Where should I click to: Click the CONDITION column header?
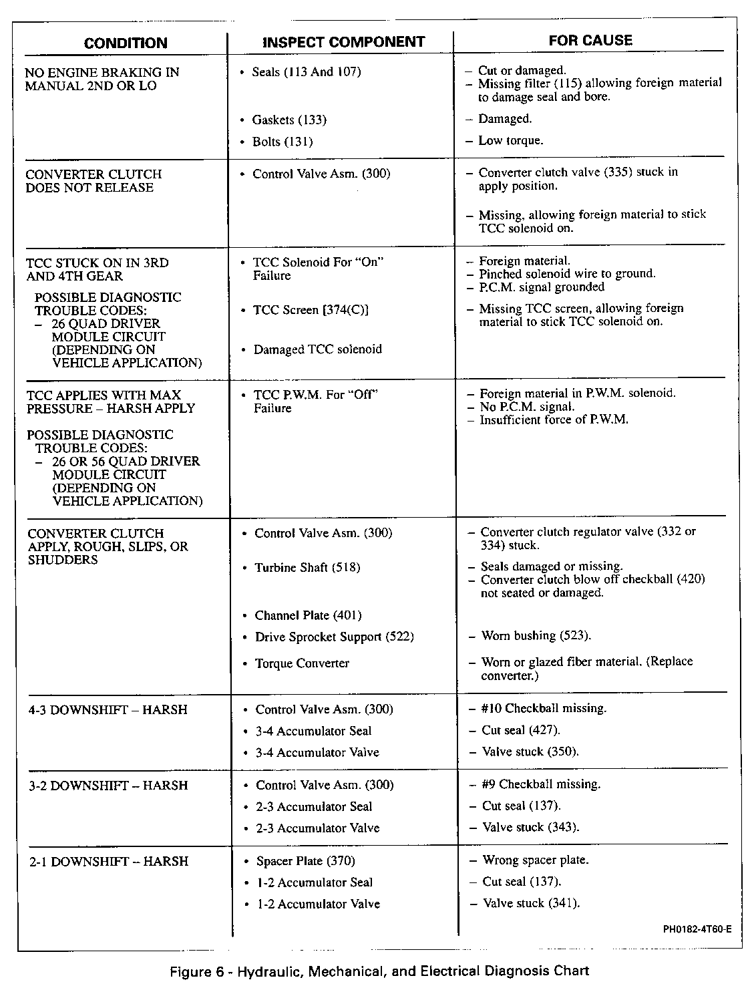126,43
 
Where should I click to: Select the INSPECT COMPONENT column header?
344,42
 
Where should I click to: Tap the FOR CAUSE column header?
590,40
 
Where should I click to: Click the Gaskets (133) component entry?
289,120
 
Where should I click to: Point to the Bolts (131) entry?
282,142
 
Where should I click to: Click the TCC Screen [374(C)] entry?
311,310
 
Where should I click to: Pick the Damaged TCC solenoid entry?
317,349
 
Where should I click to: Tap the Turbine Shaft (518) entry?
307,568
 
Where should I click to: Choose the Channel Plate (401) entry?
308,615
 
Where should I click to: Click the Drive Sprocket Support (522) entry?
334,637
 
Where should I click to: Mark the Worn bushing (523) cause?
536,636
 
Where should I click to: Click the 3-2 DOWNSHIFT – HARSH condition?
108,786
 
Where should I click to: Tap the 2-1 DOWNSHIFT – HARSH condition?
109,862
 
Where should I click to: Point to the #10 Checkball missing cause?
544,708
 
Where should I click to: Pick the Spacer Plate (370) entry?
305,861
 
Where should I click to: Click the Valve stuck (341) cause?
531,904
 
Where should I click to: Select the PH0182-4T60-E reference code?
697,929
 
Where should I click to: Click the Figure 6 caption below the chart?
380,971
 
